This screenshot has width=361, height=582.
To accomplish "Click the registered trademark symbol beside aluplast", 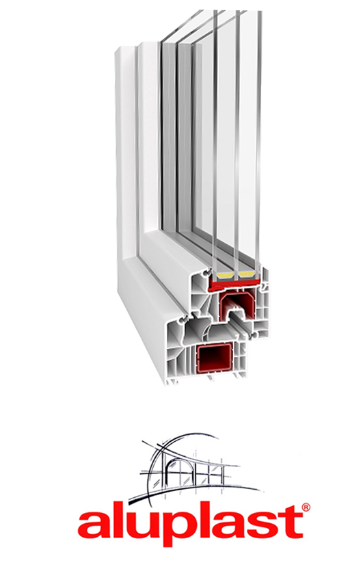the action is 306,507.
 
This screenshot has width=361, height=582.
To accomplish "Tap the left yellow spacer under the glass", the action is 225,275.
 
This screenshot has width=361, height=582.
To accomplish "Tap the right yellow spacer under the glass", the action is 245,275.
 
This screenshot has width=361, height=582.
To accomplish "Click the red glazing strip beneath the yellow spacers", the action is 234,283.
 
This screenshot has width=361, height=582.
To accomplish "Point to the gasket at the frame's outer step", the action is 183,319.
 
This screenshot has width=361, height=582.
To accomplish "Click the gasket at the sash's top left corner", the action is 205,273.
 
